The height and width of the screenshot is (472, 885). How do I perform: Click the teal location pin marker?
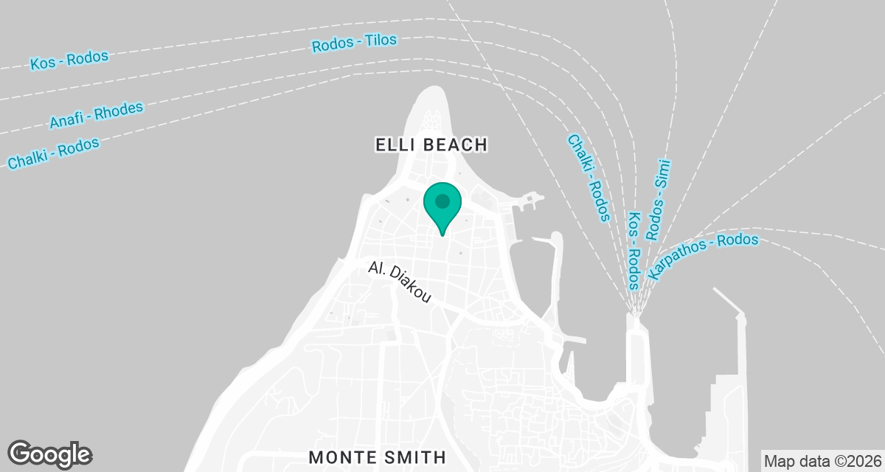point(442,206)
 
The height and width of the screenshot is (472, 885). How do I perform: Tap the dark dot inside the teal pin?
point(442,201)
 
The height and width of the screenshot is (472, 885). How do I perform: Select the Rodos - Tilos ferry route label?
point(355,42)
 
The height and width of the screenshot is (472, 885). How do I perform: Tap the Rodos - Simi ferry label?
point(657,199)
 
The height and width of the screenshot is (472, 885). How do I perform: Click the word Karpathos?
point(678,262)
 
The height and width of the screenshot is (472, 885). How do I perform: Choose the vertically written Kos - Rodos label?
point(634,251)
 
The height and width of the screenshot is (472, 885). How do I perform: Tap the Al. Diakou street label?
point(399,282)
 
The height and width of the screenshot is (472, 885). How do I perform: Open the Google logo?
point(50,454)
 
